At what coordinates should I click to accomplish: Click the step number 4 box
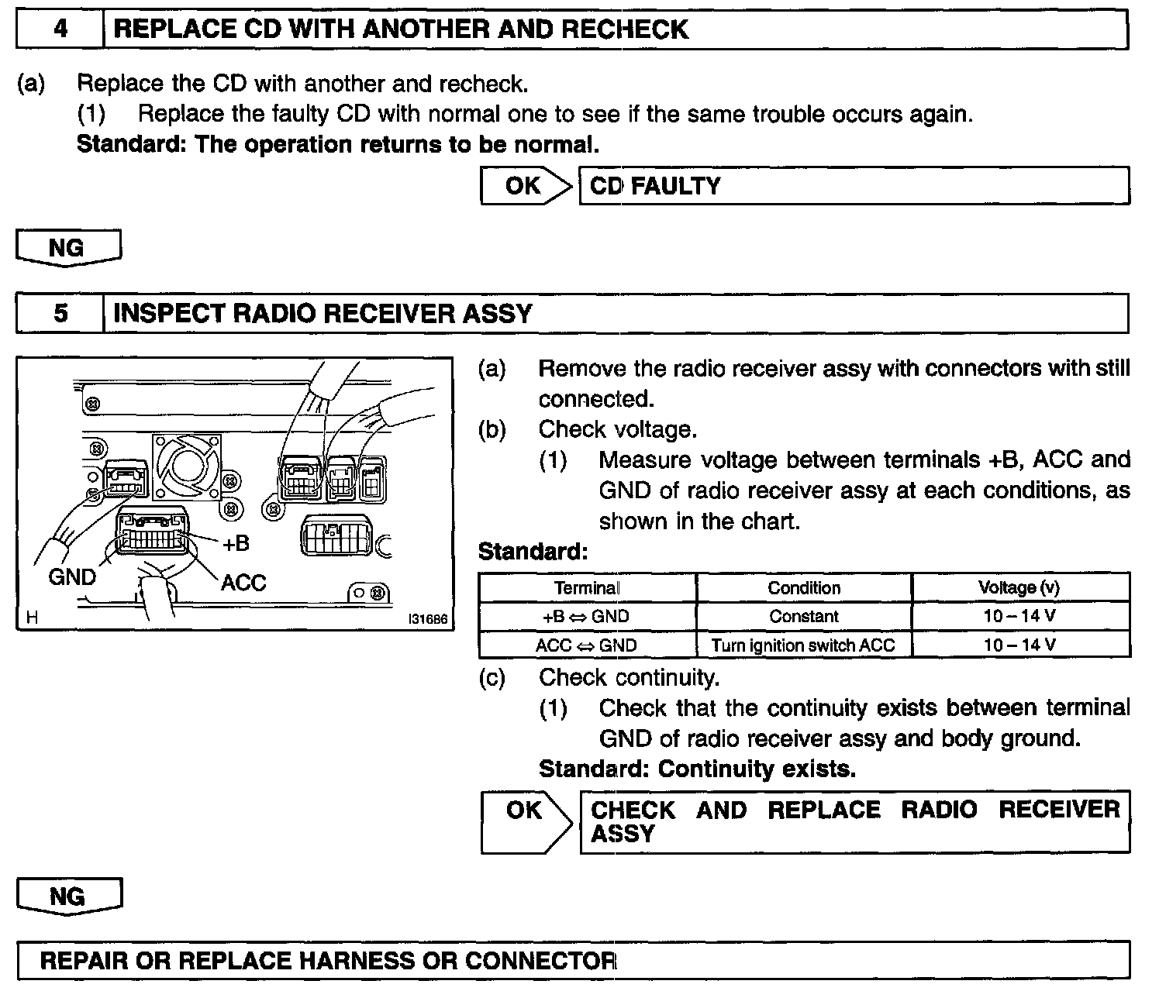[x=60, y=29]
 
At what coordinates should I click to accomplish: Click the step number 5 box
[x=60, y=313]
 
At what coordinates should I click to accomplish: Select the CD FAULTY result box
[x=854, y=186]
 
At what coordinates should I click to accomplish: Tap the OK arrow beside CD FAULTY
[x=526, y=186]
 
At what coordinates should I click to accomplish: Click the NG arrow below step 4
[x=68, y=248]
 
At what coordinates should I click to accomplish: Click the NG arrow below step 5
[x=68, y=896]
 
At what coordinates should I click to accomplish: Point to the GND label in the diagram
[x=72, y=576]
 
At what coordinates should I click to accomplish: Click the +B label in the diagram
[x=236, y=544]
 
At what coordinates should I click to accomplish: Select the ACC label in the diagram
[x=243, y=583]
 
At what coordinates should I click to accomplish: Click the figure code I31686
[x=428, y=619]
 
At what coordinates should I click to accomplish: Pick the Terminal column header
[x=587, y=588]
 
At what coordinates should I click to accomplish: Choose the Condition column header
[x=804, y=588]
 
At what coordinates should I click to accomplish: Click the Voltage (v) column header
[x=1019, y=588]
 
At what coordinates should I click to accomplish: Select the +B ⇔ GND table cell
[x=587, y=617]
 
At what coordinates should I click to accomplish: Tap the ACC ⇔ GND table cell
[x=587, y=645]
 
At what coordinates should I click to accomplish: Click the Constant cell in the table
[x=804, y=617]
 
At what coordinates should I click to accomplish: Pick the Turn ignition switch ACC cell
[x=804, y=645]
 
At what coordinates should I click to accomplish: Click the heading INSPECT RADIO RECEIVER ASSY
[x=323, y=313]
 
